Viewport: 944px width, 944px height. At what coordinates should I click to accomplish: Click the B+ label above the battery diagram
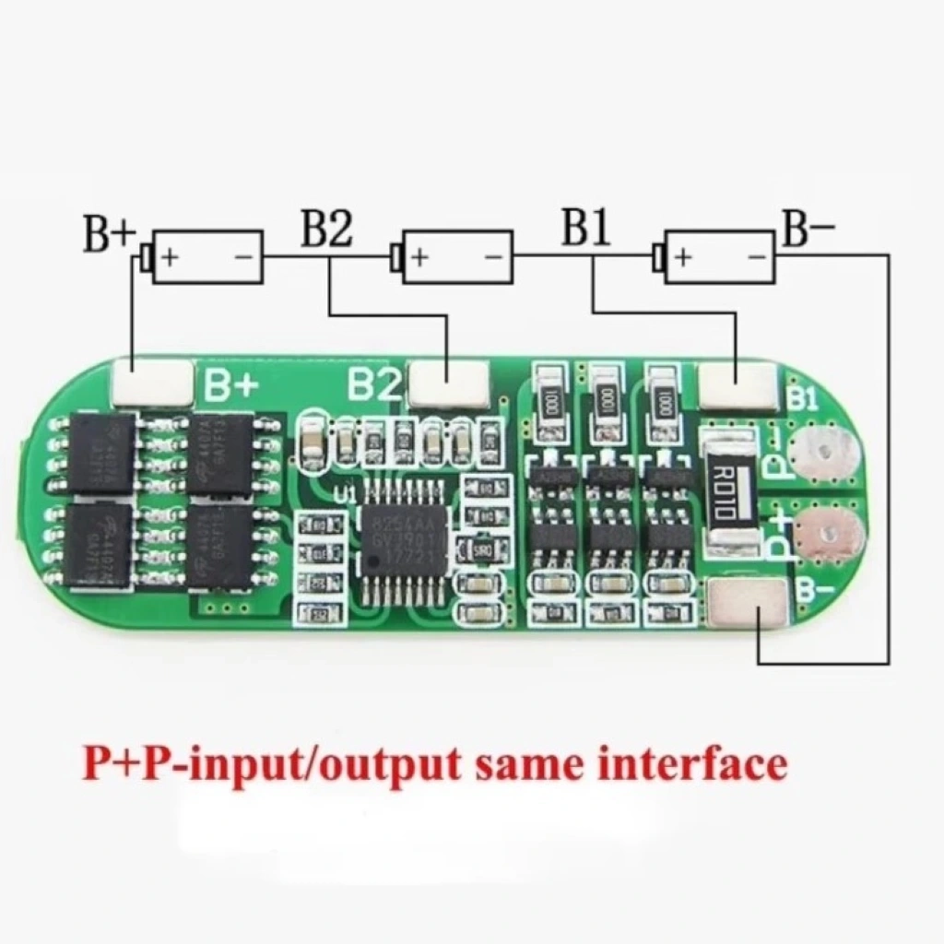[110, 234]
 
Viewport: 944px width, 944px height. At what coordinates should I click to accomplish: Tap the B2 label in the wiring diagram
[327, 230]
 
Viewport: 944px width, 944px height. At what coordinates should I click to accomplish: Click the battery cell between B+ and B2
[207, 256]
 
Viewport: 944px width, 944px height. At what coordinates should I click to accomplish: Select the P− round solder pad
[827, 454]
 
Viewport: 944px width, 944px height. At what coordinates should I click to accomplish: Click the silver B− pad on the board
[749, 608]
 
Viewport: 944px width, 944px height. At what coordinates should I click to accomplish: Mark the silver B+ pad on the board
[152, 383]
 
